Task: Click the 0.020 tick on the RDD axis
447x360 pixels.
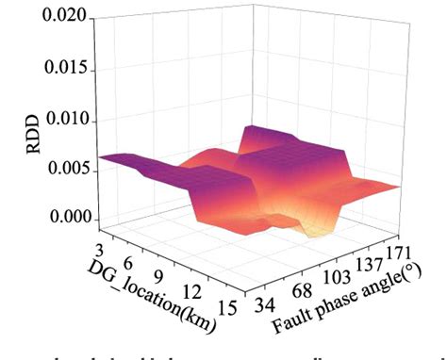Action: click(65, 18)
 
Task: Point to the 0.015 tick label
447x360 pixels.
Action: click(65, 70)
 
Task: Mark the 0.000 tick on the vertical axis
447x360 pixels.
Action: click(65, 219)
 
